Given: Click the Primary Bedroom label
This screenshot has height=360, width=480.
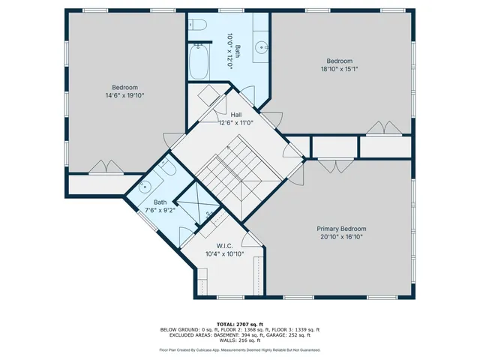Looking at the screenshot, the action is [341, 229].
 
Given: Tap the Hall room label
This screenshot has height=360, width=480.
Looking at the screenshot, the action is [236, 115].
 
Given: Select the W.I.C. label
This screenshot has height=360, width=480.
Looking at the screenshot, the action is [225, 246].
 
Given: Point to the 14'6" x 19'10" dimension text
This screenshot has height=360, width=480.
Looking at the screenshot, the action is [125, 95].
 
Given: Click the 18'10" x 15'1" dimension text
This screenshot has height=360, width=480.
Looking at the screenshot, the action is [340, 69].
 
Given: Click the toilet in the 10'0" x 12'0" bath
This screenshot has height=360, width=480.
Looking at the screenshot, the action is [197, 24].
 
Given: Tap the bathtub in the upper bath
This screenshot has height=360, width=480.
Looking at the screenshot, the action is [199, 61].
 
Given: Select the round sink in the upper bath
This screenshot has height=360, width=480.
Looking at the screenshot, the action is [261, 47].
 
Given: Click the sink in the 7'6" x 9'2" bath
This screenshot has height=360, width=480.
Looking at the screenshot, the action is [145, 187].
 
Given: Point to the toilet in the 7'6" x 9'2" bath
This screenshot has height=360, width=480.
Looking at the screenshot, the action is [167, 166].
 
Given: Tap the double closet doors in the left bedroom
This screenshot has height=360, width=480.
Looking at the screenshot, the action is [106, 166].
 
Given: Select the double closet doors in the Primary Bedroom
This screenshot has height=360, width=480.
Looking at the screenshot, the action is [336, 166].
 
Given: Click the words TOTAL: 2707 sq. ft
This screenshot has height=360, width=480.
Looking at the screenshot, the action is [240, 324].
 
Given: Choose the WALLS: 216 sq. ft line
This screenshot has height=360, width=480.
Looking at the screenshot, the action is [240, 340].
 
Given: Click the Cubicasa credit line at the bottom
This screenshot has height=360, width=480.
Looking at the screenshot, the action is [240, 350].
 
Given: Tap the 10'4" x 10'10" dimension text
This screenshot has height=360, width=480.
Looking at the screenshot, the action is [225, 253].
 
